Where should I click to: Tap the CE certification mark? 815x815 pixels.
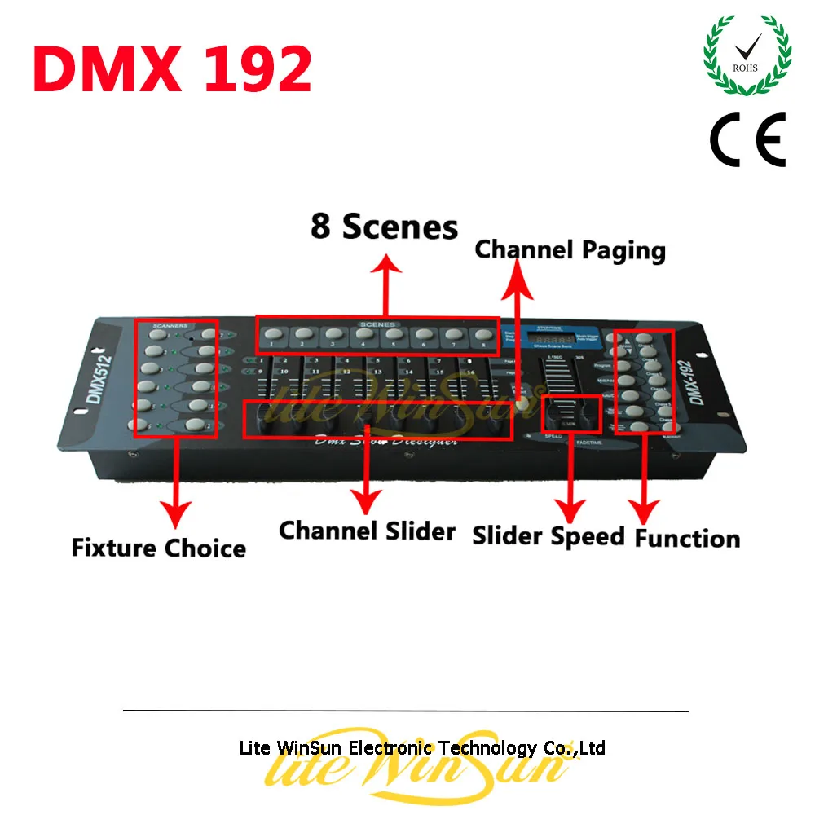[747, 139]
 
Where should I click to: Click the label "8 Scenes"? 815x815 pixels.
[384, 227]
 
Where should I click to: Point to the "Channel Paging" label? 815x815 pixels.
[570, 249]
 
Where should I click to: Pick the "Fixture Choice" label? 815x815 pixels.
[158, 547]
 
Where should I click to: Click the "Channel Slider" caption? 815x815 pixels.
[367, 531]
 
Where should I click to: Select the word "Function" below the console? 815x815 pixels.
[687, 538]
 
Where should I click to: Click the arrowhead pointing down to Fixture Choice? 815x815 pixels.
[174, 513]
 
